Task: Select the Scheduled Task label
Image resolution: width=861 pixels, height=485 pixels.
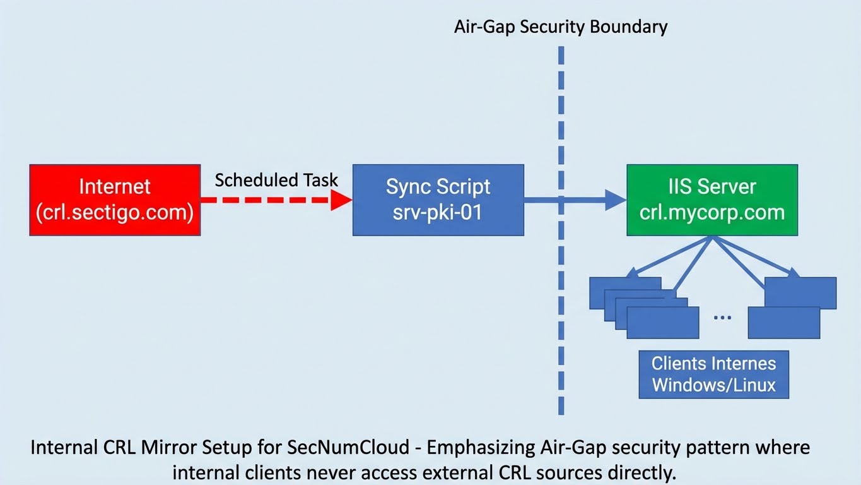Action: [x=276, y=180]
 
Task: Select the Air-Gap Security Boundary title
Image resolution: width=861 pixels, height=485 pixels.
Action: [x=560, y=27]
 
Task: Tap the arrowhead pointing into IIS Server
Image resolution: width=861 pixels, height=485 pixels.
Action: [x=615, y=200]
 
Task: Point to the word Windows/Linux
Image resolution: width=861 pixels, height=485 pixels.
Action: [x=713, y=385]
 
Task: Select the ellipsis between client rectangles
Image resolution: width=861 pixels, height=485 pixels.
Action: [x=723, y=316]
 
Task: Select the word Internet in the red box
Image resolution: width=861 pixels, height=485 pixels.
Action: [x=115, y=187]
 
